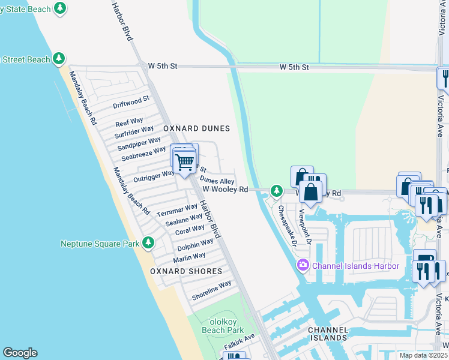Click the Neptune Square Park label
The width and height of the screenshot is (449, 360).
point(100,243)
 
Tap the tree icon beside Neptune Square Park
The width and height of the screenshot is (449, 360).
point(148,243)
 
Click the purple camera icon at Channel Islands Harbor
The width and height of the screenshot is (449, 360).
point(303,265)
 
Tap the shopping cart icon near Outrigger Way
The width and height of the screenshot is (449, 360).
point(184,161)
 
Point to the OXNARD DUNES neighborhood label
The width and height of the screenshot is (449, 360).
point(197,128)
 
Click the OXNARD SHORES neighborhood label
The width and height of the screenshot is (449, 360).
point(186,271)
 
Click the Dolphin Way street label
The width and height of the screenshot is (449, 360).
point(195,245)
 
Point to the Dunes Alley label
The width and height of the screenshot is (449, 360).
point(217,181)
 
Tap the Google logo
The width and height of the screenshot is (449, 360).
point(19,353)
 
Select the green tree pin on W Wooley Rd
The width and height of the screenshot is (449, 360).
point(276,191)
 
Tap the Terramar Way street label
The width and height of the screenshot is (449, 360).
point(177,211)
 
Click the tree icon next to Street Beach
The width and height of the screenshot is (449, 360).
point(59,58)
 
